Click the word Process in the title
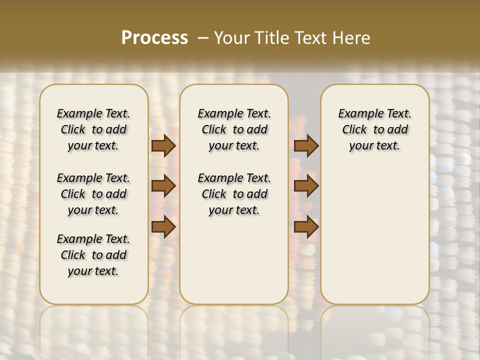[x=154, y=37]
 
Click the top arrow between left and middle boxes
[x=163, y=145]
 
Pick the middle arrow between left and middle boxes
[x=163, y=186]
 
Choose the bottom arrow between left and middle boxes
[x=163, y=227]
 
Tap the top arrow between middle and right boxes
[x=306, y=145]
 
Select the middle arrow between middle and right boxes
[x=306, y=186]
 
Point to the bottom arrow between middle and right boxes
[x=306, y=227]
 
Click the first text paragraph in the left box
[x=93, y=129]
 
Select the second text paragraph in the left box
[x=93, y=194]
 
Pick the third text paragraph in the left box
[x=93, y=255]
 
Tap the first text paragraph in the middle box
[x=234, y=129]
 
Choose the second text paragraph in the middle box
[x=234, y=194]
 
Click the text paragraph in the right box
[x=374, y=129]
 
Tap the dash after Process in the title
[x=203, y=37]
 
